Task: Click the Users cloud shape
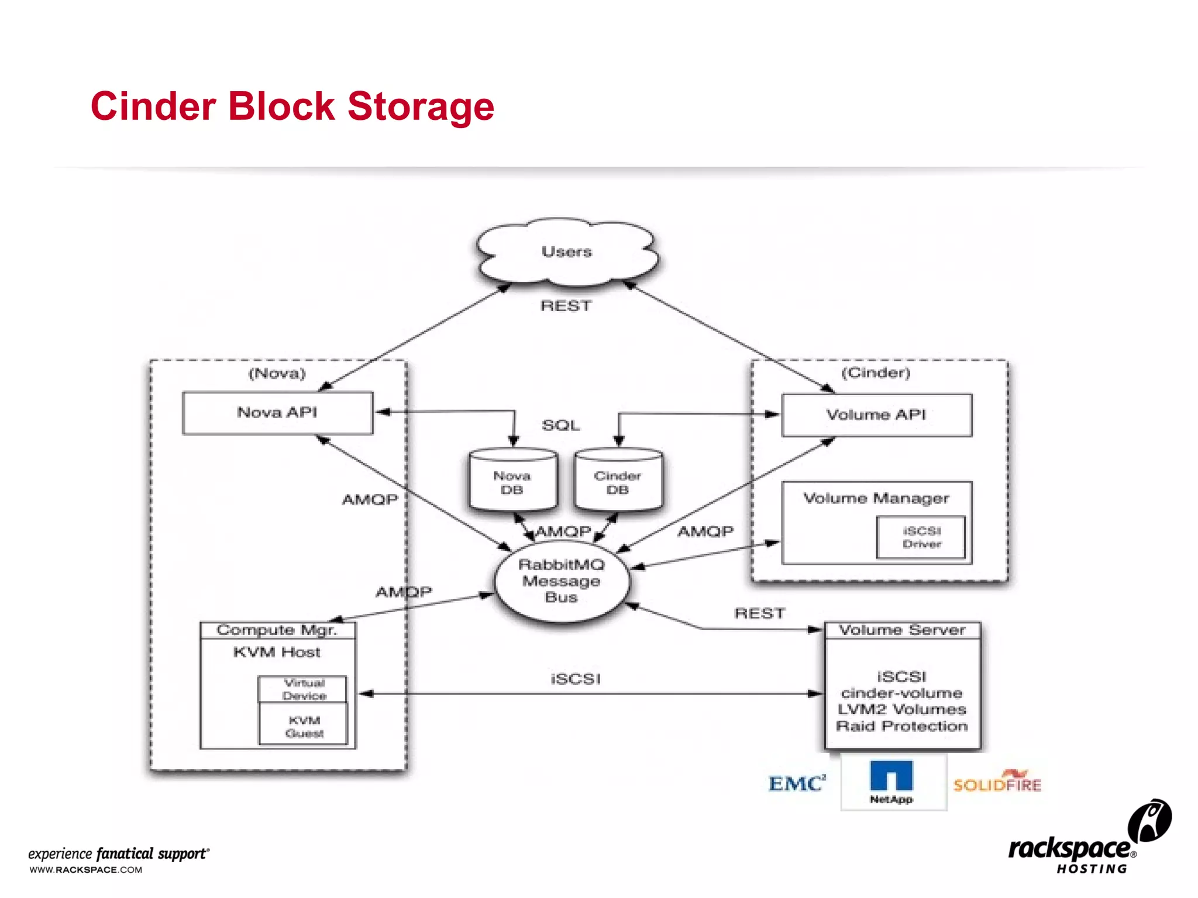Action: pos(566,253)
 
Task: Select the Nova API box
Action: pos(277,413)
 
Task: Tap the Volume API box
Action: pos(876,415)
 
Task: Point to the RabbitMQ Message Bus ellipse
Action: pos(562,581)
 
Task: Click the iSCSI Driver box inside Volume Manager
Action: pos(921,537)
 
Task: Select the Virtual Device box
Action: pos(304,689)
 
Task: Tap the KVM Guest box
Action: pos(304,727)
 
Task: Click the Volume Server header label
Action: pos(902,630)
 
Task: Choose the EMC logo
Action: pos(797,783)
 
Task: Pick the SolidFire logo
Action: pos(998,783)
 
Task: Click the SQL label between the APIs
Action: pos(560,426)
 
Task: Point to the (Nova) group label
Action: pos(277,374)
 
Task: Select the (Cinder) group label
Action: pos(876,373)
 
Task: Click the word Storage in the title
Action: pos(421,107)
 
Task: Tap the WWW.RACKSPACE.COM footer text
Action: pos(86,870)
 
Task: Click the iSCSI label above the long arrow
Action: pos(576,679)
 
